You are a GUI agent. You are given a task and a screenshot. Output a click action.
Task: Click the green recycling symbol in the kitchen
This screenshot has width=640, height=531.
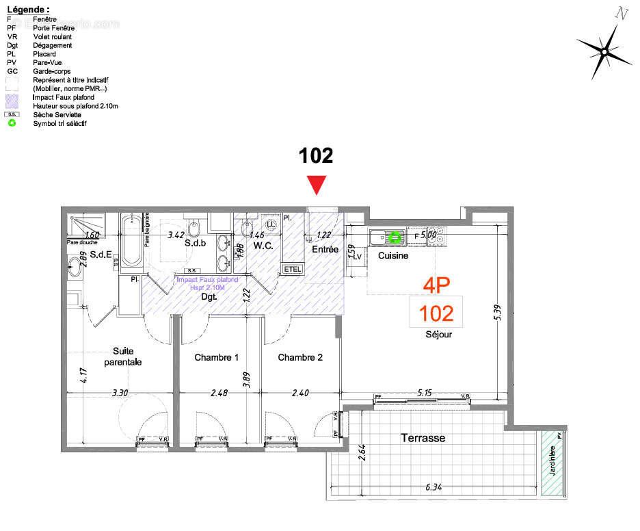click(395, 237)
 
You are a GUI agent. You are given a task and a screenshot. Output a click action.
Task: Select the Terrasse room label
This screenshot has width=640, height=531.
click(423, 437)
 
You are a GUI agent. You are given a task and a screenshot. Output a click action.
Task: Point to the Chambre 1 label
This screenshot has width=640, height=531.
click(216, 357)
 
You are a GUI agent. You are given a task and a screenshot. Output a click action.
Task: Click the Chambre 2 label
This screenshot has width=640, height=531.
click(300, 357)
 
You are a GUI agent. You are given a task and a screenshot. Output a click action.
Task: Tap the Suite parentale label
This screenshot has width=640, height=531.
click(123, 356)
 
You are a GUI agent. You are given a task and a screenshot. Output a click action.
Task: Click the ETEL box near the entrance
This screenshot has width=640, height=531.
click(291, 269)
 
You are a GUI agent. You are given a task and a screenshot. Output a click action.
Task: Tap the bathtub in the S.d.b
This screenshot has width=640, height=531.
click(131, 242)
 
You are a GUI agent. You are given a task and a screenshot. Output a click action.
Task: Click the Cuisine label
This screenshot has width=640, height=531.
click(393, 255)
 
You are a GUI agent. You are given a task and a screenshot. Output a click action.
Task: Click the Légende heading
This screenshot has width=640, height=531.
click(27, 10)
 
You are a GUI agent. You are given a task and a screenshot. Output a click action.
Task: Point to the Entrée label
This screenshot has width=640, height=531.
click(325, 250)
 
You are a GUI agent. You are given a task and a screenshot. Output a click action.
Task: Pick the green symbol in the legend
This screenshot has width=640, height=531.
click(12, 123)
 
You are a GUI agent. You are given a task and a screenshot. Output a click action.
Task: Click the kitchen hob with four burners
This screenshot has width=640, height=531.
click(436, 237)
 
